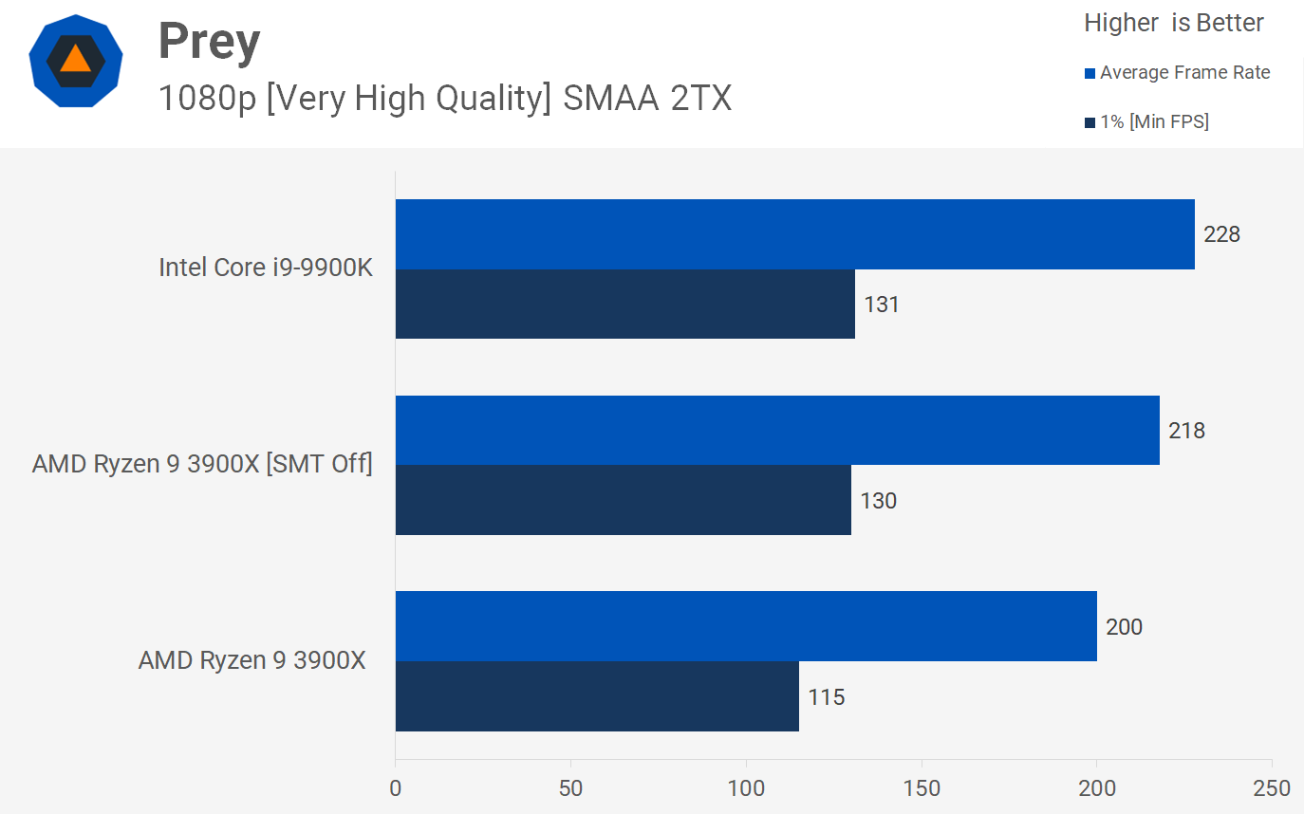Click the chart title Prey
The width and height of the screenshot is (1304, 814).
click(x=209, y=42)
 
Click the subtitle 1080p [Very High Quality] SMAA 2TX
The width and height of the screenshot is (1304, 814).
click(x=444, y=98)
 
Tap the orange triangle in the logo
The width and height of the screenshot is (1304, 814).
click(x=75, y=60)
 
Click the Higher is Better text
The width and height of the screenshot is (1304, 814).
click(x=1173, y=23)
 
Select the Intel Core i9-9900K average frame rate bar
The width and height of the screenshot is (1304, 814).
click(x=794, y=234)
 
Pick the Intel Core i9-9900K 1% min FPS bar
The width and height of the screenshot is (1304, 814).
click(x=624, y=304)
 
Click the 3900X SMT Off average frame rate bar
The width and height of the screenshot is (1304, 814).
click(x=777, y=431)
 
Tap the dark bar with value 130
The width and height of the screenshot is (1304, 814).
click(x=623, y=500)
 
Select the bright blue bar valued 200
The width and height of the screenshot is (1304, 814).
click(x=745, y=626)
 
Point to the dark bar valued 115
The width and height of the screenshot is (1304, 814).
click(x=597, y=696)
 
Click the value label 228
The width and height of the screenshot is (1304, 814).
click(x=1221, y=234)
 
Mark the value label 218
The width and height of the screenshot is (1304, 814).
click(x=1186, y=431)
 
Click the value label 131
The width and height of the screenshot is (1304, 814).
click(x=881, y=305)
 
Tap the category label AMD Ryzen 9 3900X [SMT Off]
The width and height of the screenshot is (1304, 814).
click(x=202, y=464)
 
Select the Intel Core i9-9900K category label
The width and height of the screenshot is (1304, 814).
click(x=266, y=268)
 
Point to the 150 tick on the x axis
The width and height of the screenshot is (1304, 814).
click(x=922, y=788)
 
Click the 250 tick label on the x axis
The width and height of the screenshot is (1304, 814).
click(x=1271, y=788)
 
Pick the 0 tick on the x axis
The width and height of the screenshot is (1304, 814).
click(x=396, y=788)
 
